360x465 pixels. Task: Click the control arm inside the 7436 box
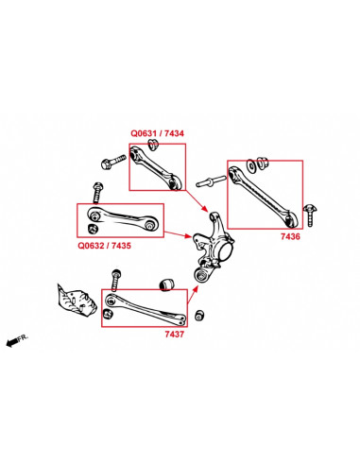266,195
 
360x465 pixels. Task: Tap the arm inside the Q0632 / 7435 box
121,218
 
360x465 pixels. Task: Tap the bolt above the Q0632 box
96,192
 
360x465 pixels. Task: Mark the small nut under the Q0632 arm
92,230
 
